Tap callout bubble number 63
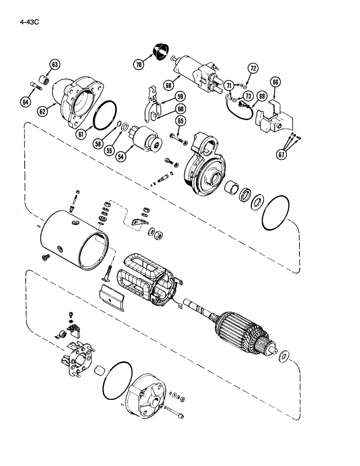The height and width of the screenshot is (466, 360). pyautogui.click(x=55, y=65)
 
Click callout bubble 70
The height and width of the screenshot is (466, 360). pyautogui.click(x=138, y=65)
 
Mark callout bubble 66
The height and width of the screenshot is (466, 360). pyautogui.click(x=276, y=82)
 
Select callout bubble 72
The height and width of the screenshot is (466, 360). pyautogui.click(x=253, y=69)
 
